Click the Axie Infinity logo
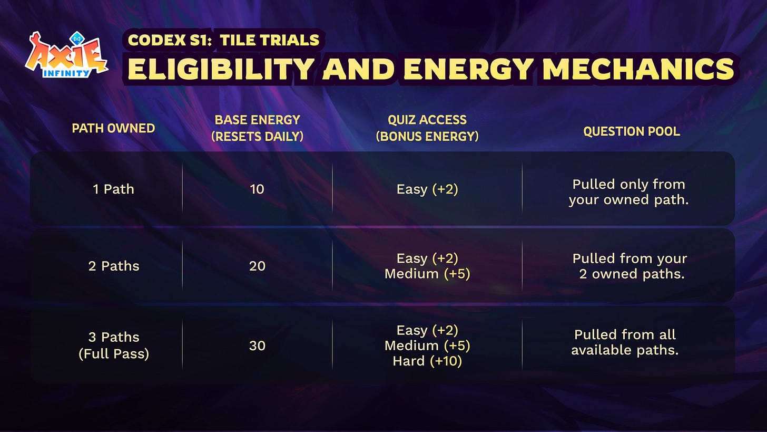point(66,55)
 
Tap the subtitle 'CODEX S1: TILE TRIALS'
point(223,40)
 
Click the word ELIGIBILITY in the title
point(221,69)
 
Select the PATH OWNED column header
point(113,128)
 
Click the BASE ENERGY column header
point(257,128)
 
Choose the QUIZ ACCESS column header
point(427,128)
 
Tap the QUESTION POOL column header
point(632,131)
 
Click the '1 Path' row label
point(113,189)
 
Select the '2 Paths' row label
point(114,266)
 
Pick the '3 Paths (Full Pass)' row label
point(114,345)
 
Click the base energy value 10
point(257,189)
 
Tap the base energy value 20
point(257,266)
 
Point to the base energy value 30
point(257,345)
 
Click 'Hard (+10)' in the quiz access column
point(427,361)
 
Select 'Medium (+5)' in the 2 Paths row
point(427,274)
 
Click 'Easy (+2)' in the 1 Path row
point(427,189)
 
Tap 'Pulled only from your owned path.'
point(628,192)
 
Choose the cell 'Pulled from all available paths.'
point(625,342)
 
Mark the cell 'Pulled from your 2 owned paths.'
point(630,266)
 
